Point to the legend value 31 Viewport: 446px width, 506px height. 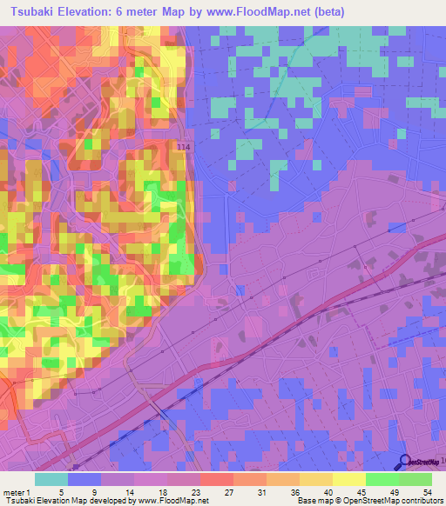point(249,491)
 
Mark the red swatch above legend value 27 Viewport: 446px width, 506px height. point(216,479)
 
